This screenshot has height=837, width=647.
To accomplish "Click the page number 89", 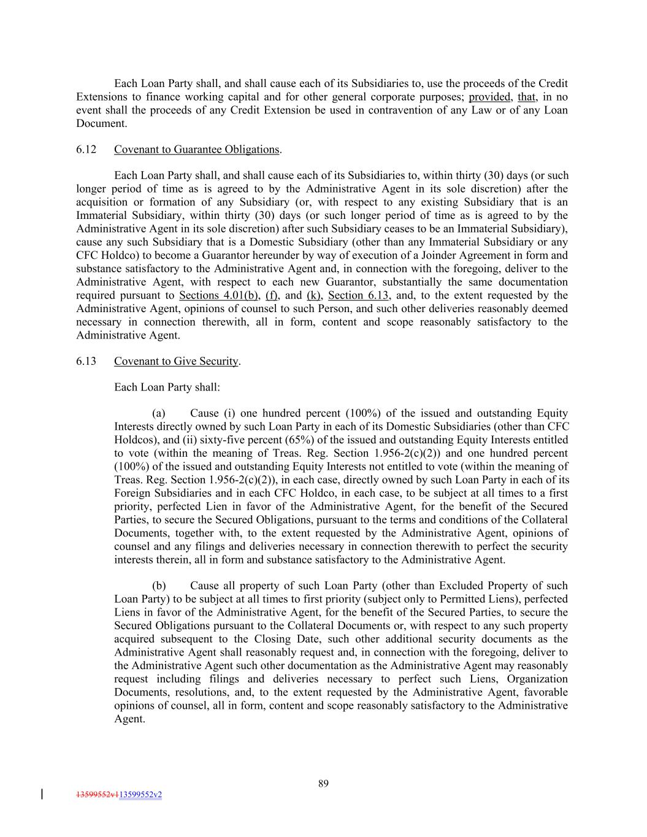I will (323, 783).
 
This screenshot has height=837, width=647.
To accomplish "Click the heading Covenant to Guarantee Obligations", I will (196, 149).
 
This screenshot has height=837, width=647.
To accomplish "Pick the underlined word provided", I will (489, 97).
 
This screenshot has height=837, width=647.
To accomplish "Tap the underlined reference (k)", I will (314, 296).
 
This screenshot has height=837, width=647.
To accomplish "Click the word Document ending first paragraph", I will (101, 123).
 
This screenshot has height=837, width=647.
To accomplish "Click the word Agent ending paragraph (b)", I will (129, 719).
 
